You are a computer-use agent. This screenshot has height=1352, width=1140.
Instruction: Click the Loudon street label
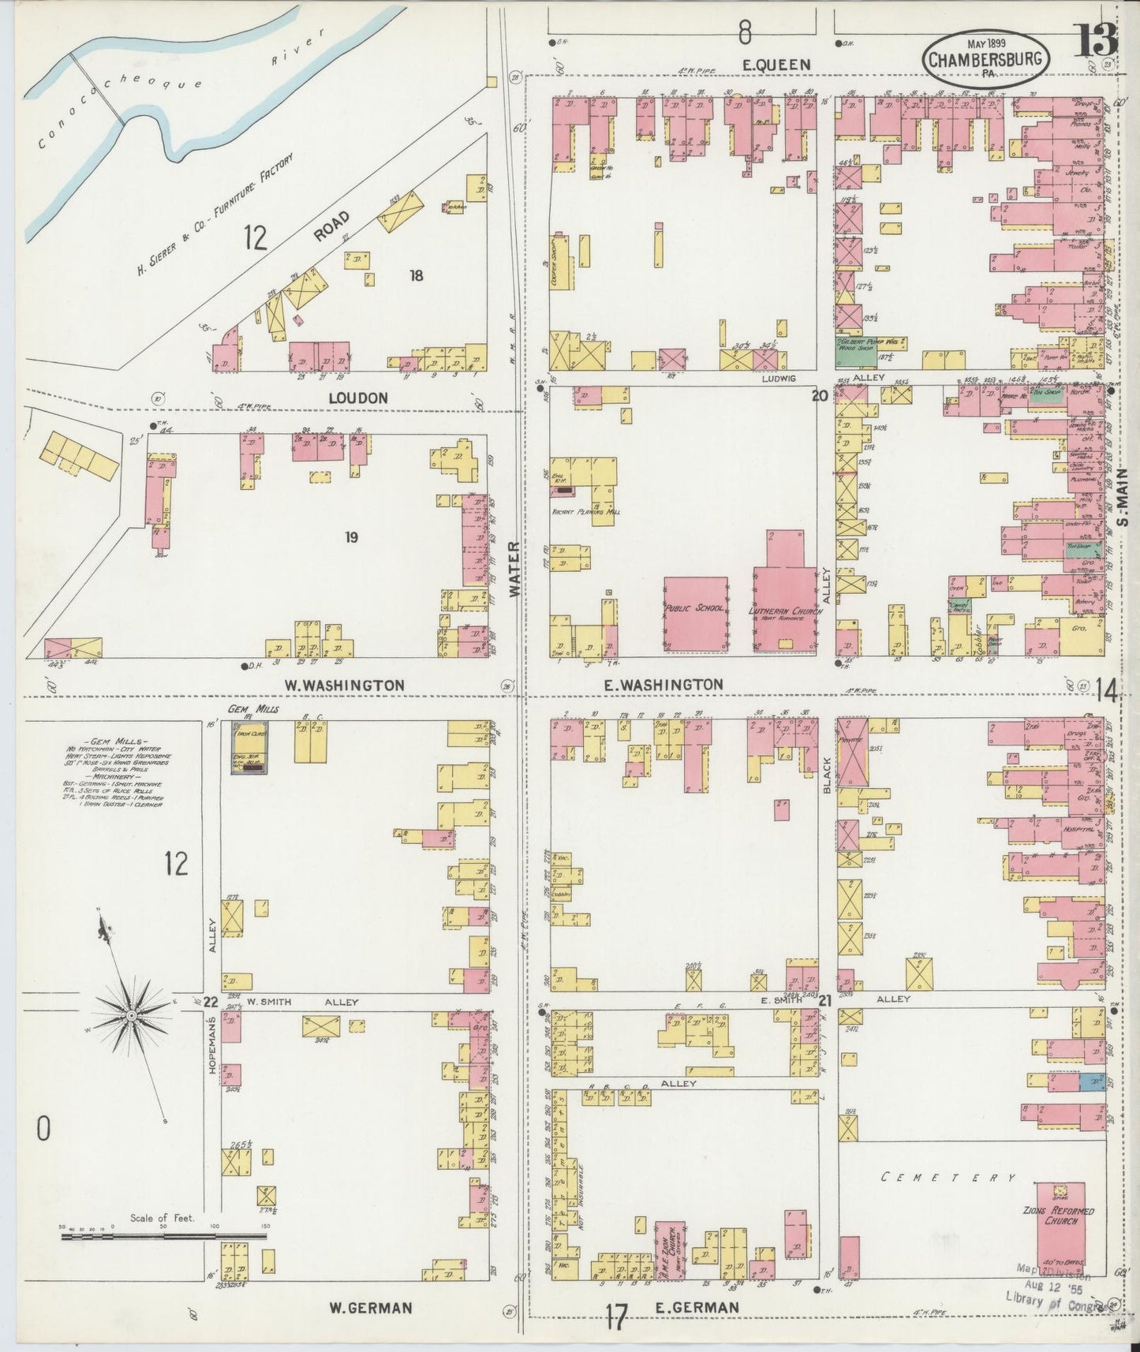coord(359,398)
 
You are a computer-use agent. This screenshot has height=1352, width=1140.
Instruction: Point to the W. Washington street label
coord(344,685)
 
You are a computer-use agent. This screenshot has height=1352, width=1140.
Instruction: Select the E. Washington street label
coord(663,685)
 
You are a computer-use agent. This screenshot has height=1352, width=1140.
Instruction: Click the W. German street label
coord(370,1308)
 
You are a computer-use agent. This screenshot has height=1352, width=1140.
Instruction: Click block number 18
coord(417,275)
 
